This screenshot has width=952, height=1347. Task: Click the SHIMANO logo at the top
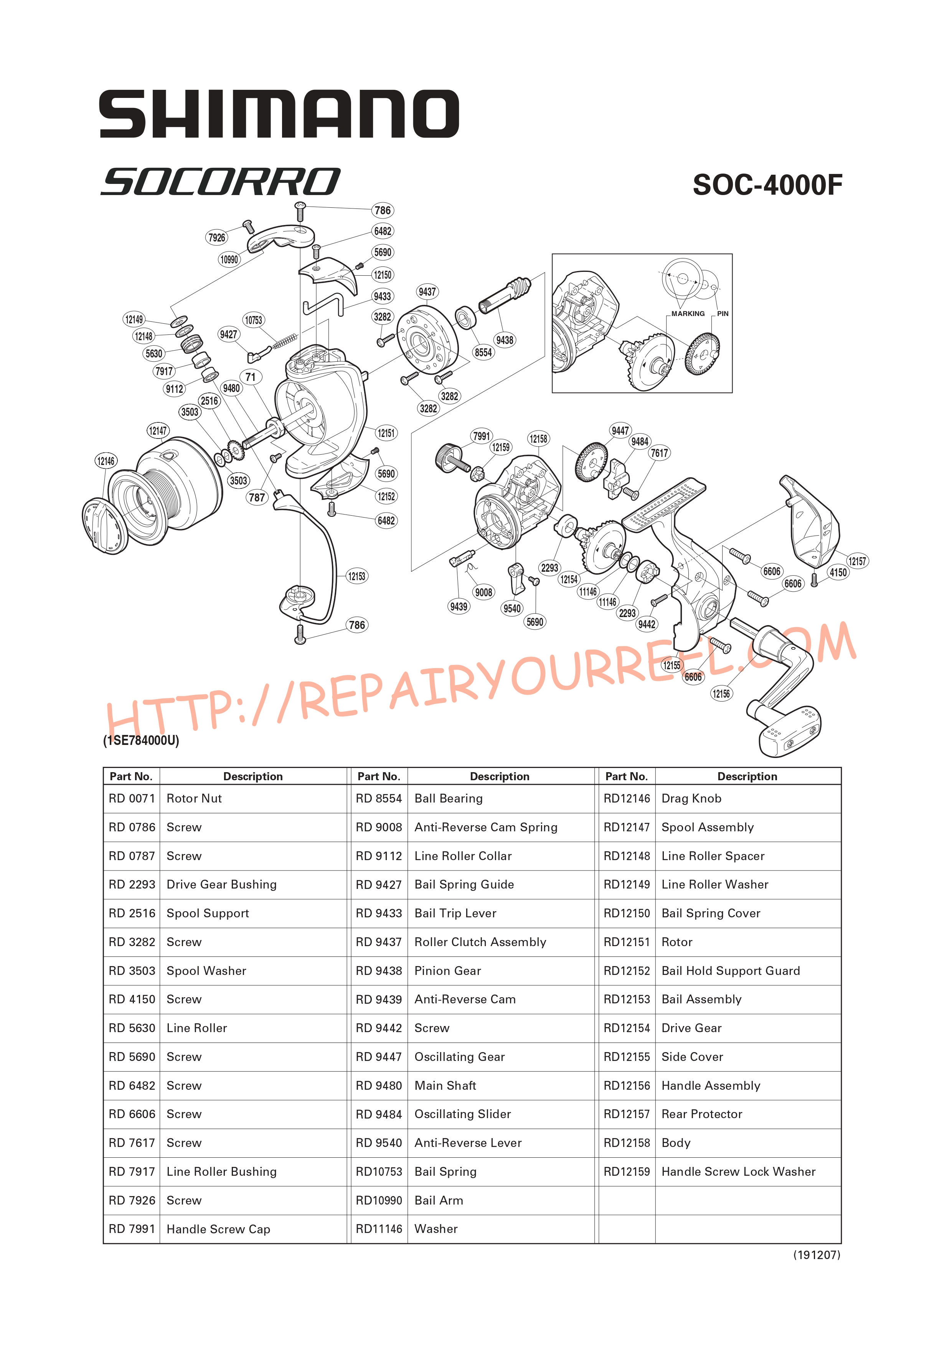pyautogui.click(x=279, y=114)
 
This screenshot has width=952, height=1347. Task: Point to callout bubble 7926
pyautogui.click(x=217, y=238)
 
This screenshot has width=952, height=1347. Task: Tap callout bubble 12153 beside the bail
pyautogui.click(x=356, y=576)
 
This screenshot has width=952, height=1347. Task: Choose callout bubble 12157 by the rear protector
pyautogui.click(x=857, y=561)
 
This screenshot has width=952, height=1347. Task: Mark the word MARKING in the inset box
pyautogui.click(x=688, y=314)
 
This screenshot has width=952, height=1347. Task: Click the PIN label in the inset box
pyautogui.click(x=723, y=314)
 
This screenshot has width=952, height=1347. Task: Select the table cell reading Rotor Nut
pyautogui.click(x=194, y=798)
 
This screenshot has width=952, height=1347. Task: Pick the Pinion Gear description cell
pyautogui.click(x=447, y=971)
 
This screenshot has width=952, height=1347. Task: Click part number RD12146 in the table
pyautogui.click(x=627, y=798)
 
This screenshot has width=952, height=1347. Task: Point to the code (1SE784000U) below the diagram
pyautogui.click(x=141, y=740)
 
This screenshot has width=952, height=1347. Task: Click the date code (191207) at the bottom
pyautogui.click(x=817, y=1255)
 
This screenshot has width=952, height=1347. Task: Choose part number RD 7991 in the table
pyautogui.click(x=132, y=1229)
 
